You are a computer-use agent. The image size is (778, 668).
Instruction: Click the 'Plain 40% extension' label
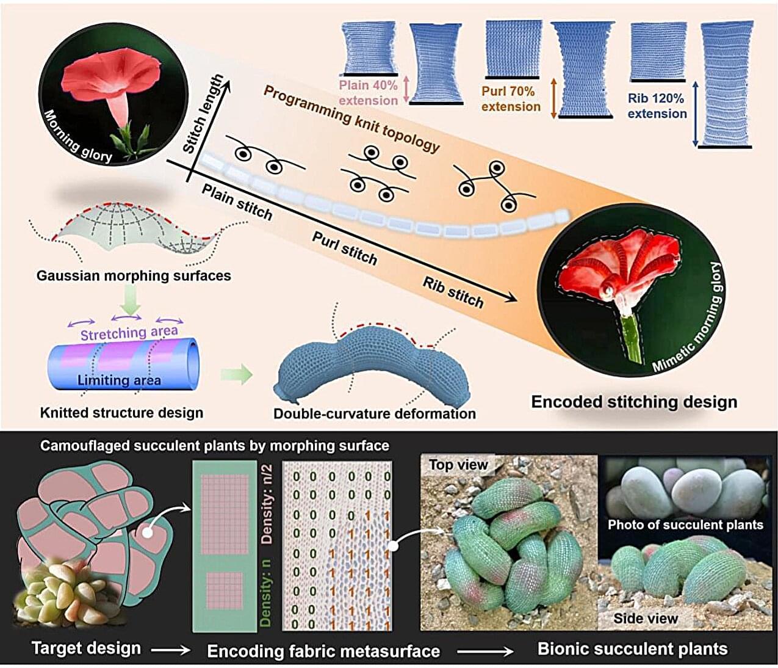369,92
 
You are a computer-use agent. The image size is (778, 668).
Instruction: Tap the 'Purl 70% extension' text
511,99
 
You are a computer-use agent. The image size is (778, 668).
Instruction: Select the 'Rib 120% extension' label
657,106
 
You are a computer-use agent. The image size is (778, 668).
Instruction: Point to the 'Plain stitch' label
237,202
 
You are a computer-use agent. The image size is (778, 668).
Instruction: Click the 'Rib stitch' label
453,292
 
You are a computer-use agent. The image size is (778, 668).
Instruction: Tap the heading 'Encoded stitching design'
634,402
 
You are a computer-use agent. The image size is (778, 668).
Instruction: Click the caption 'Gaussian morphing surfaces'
134,275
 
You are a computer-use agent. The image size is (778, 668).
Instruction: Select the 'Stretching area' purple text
129,333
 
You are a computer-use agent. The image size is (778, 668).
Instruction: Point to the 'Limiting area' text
119,380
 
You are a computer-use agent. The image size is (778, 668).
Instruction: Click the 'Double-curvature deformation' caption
374,413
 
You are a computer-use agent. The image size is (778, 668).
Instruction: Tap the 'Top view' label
458,465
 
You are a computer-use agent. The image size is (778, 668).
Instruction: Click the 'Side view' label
646,618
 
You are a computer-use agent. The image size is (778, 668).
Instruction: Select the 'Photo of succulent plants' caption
685,525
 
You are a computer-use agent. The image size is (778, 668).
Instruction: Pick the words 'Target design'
86,648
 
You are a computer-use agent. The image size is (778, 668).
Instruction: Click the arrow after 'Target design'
170,651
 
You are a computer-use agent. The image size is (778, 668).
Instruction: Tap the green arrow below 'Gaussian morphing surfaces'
131,299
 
